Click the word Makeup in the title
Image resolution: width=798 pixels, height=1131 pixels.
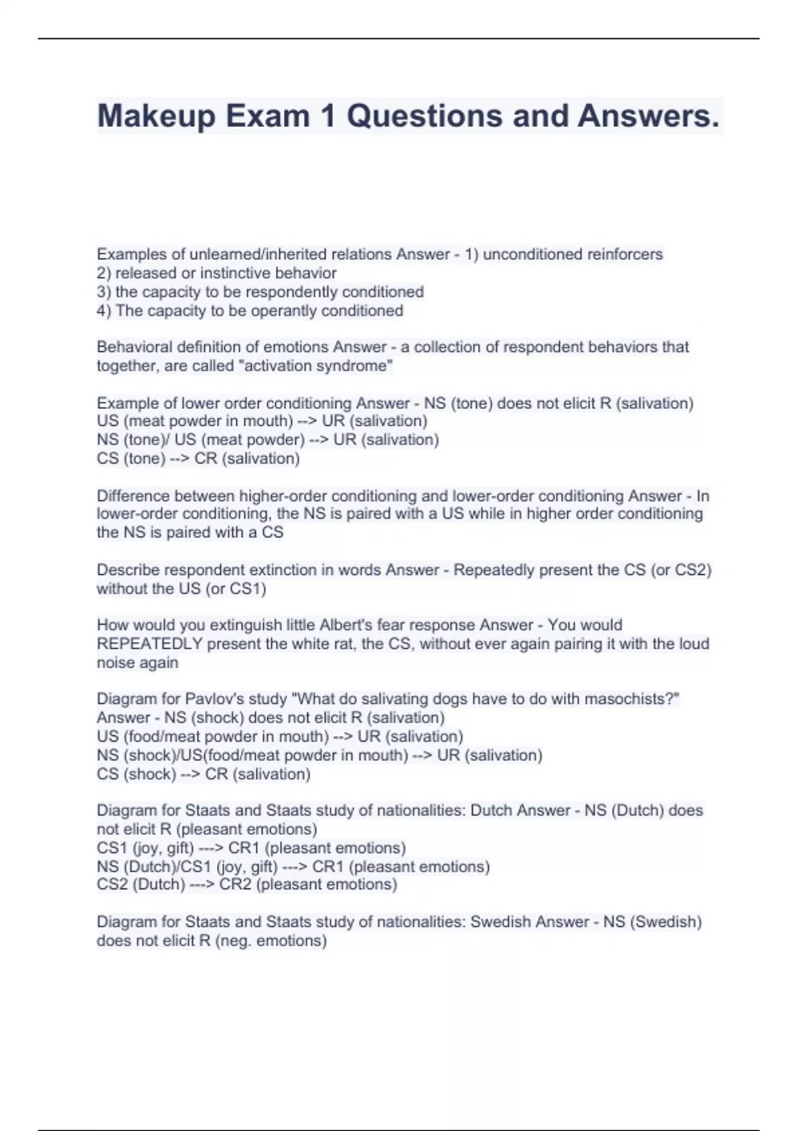point(157,116)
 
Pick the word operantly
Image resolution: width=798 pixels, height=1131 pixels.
point(282,311)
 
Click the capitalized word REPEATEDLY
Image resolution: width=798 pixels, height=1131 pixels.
point(150,643)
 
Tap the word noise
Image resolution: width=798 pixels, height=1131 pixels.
point(114,662)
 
